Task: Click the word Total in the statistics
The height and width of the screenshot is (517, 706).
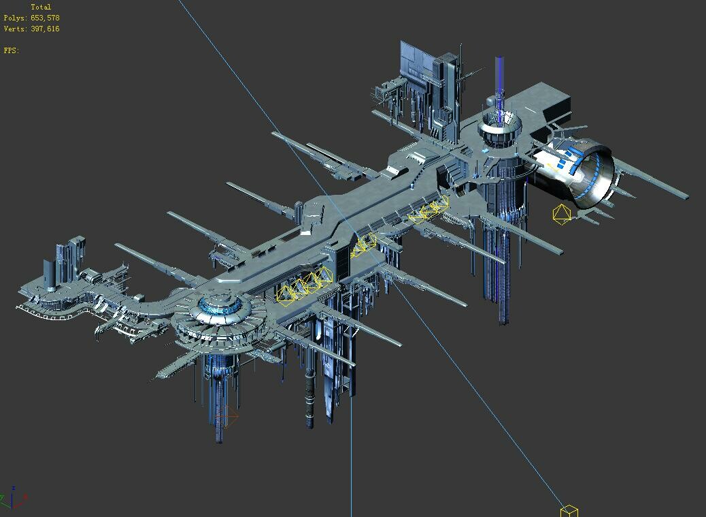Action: click(41, 7)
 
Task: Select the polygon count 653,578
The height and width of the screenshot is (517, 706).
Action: click(45, 18)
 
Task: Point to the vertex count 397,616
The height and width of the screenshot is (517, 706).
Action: click(45, 29)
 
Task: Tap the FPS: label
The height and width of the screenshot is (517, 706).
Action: click(12, 50)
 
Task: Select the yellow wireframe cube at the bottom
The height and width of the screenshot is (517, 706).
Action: click(569, 511)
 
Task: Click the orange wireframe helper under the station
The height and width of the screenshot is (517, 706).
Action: click(226, 416)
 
